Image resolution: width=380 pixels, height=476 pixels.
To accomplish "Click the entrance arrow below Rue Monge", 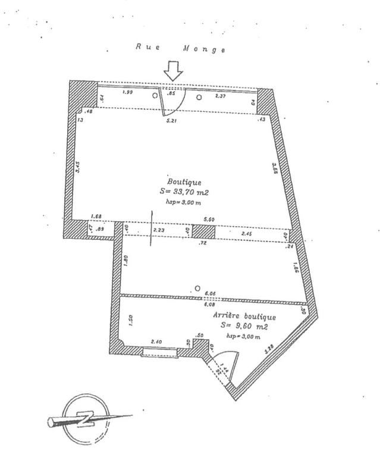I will pos(174,71).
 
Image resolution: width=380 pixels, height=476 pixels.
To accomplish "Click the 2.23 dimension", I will pos(158,230).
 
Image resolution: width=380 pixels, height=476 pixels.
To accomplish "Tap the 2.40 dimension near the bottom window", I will pos(157,342).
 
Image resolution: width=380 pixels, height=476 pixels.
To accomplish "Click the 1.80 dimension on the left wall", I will pos(127,259).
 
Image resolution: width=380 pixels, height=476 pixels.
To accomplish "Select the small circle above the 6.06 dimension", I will pos(196,289).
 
